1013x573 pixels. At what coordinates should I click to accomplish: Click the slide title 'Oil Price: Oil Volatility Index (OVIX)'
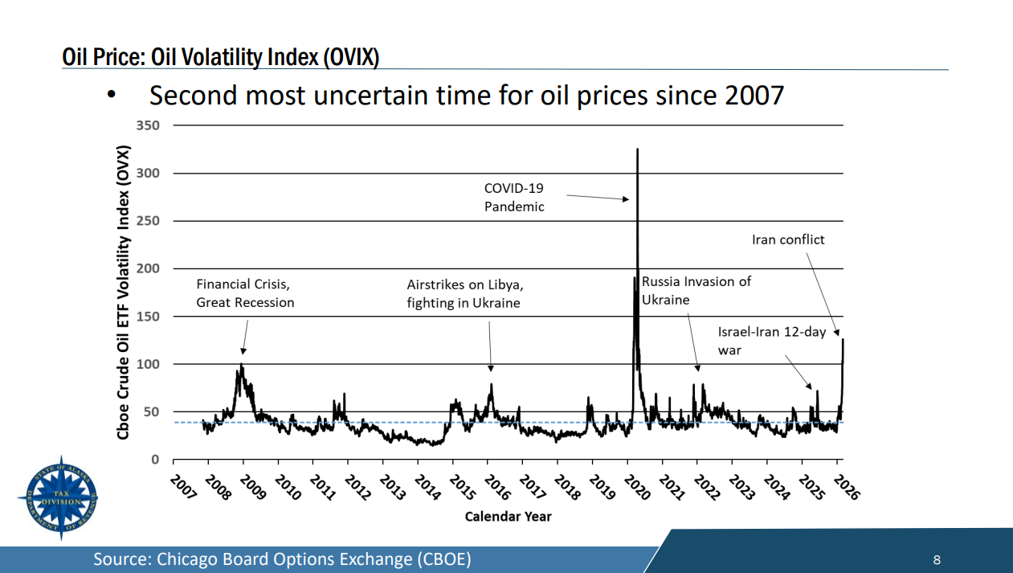pyautogui.click(x=221, y=57)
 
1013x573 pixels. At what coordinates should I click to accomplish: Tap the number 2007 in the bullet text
pyautogui.click(x=754, y=96)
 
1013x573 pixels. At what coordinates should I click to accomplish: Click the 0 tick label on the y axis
pyautogui.click(x=156, y=460)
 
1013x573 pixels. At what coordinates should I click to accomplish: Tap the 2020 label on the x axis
pyautogui.click(x=636, y=486)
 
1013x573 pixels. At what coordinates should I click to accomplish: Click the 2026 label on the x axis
pyautogui.click(x=846, y=486)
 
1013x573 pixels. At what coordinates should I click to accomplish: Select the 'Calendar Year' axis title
pyautogui.click(x=508, y=516)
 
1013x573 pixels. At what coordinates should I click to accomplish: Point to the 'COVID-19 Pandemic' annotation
pyautogui.click(x=514, y=197)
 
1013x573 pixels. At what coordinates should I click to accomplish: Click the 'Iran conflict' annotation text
pyautogui.click(x=788, y=239)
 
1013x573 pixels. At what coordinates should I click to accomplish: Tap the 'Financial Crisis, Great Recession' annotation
pyautogui.click(x=245, y=293)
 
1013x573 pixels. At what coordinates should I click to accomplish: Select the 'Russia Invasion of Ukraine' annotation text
pyautogui.click(x=696, y=291)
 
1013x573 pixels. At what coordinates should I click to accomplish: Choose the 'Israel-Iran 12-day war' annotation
pyautogui.click(x=771, y=341)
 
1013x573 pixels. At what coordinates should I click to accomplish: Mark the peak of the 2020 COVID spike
pyautogui.click(x=637, y=149)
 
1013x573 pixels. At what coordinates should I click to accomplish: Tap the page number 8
pyautogui.click(x=937, y=559)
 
